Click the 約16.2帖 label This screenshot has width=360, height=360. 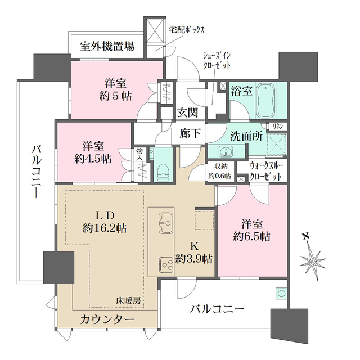104,228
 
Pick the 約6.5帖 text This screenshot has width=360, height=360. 252,236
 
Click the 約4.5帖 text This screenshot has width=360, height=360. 93,158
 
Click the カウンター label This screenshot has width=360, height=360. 107,319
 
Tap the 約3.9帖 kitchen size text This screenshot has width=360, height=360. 193,259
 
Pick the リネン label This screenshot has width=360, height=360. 278,126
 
